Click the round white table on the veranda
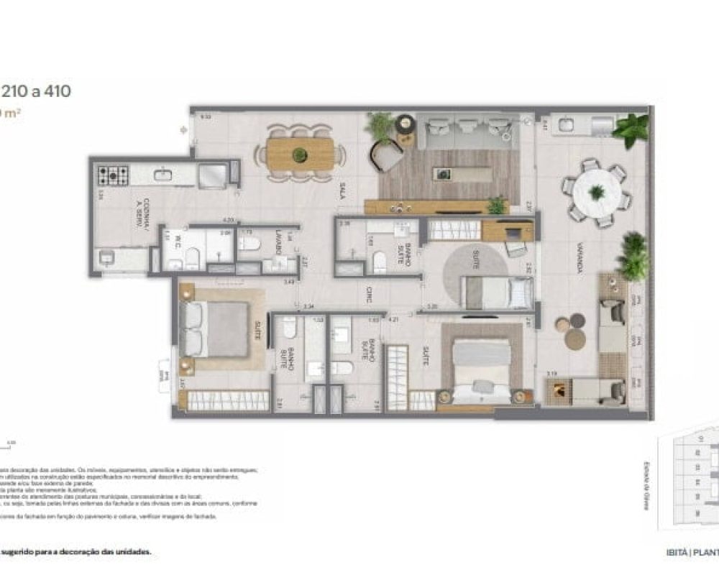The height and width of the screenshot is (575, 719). (x=596, y=192)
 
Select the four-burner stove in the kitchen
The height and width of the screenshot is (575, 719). (x=113, y=174)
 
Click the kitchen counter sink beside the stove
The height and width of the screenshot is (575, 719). (x=163, y=174)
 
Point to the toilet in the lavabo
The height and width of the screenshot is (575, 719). (x=249, y=243)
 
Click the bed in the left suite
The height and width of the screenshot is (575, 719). (x=216, y=328)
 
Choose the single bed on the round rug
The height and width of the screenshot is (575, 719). (x=496, y=293)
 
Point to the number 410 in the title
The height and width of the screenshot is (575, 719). (x=55, y=91)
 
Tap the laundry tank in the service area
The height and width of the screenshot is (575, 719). (x=114, y=259)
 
